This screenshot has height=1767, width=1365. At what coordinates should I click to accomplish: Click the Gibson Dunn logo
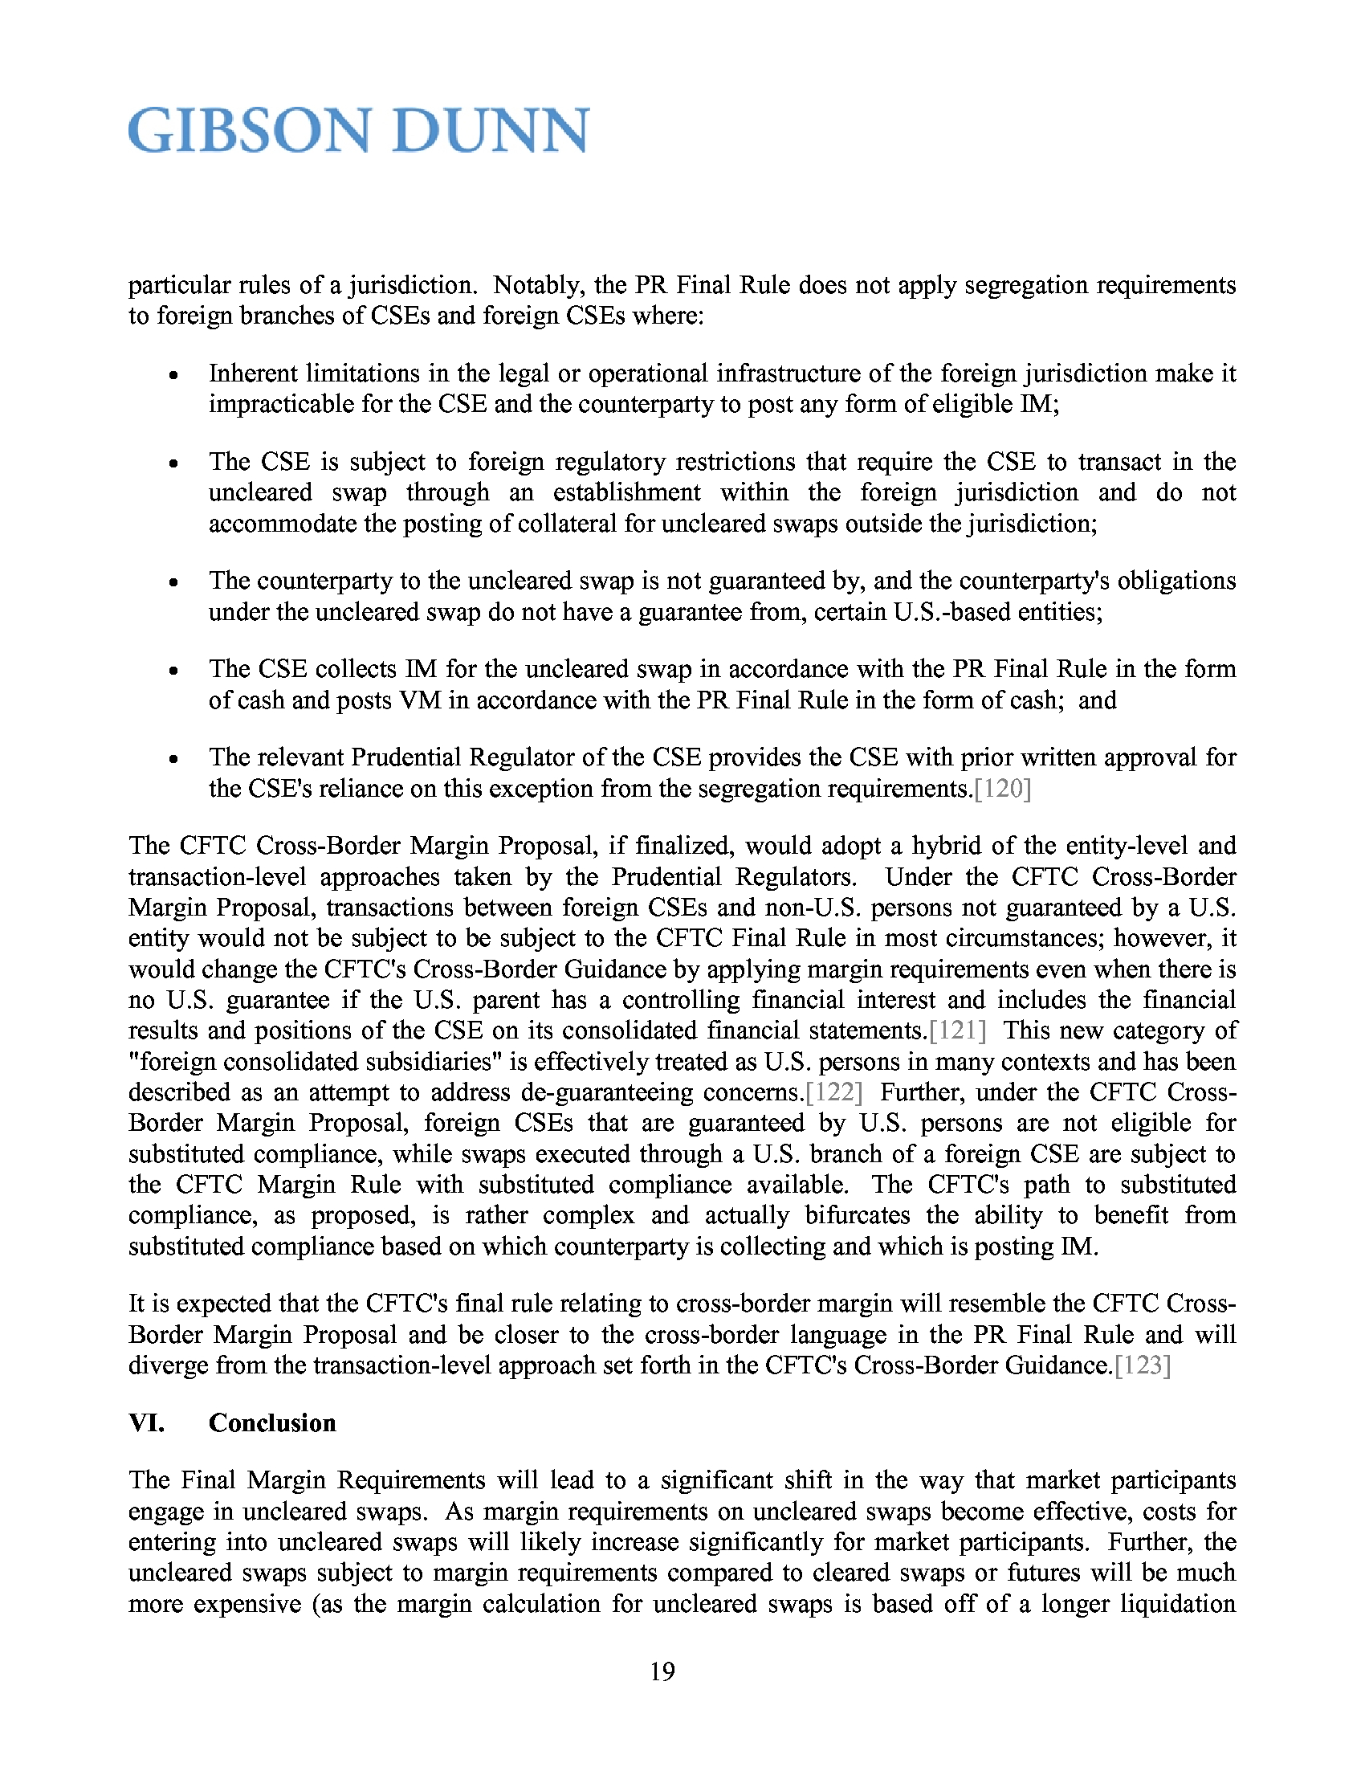tap(358, 130)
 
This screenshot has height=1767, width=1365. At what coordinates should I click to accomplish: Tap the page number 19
tap(662, 1671)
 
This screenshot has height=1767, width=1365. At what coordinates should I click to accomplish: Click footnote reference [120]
tap(1003, 788)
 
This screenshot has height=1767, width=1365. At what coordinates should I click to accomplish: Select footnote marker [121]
tap(957, 1030)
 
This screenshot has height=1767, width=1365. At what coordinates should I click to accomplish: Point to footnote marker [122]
tap(834, 1092)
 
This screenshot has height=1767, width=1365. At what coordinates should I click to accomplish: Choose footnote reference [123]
tap(1143, 1365)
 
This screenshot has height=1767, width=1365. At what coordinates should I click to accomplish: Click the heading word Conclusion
tap(271, 1422)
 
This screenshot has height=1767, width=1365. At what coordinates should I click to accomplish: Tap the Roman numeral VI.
tap(146, 1422)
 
